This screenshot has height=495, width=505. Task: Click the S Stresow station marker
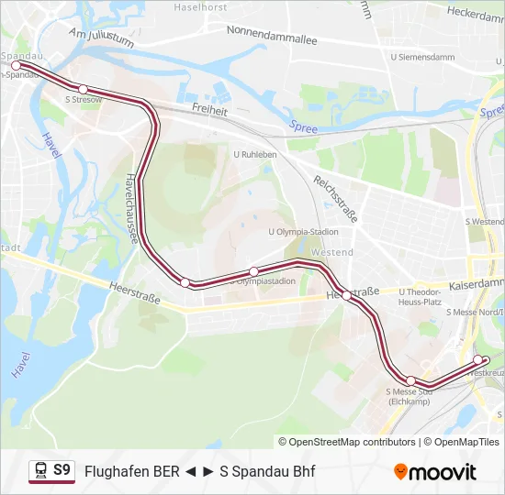coord(84,89)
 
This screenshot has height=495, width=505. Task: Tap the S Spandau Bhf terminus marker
coord(16,66)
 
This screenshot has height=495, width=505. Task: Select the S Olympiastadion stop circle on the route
coord(254,270)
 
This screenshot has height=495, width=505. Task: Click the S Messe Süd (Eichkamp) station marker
coord(410,380)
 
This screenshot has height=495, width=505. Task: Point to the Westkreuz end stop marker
coord(477,359)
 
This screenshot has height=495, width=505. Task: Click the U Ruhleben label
coord(255,155)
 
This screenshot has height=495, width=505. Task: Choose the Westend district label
coord(332,252)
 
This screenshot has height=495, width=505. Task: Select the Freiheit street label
coord(210,107)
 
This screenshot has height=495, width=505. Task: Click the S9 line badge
coord(62,470)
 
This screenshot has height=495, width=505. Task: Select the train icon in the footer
coord(40,470)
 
